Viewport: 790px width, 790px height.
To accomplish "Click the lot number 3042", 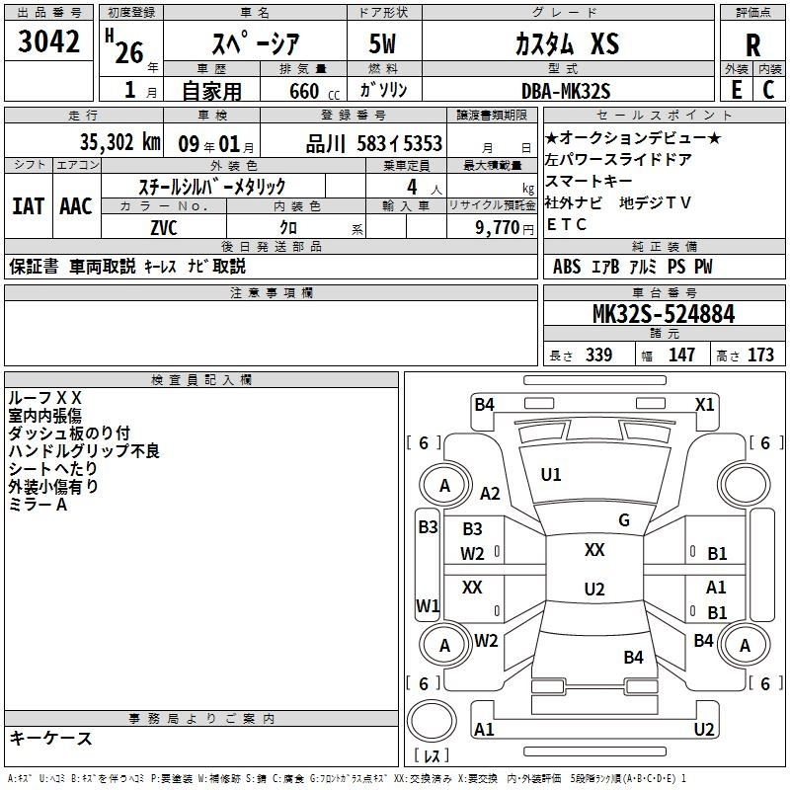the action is [x=48, y=41].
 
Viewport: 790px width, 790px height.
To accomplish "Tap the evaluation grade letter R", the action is [x=752, y=45].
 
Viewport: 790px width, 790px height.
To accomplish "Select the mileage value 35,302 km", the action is [x=119, y=142].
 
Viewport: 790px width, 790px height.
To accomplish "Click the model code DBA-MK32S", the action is [x=566, y=91].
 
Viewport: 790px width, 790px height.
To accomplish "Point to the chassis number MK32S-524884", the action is [x=664, y=314].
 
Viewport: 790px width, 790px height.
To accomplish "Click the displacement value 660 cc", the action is [x=314, y=91].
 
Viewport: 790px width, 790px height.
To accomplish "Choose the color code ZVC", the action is [x=164, y=228].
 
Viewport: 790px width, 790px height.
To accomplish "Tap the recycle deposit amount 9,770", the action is [x=498, y=227].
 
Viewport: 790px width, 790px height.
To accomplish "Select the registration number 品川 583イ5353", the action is [x=374, y=143].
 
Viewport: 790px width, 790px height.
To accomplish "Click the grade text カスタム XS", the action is [x=567, y=43].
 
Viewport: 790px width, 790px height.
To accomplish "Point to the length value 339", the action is [x=599, y=355].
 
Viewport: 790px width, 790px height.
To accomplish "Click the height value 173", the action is [x=760, y=355].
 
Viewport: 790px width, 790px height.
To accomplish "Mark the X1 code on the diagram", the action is [x=704, y=405].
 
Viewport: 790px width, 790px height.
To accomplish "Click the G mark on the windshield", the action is [x=624, y=520].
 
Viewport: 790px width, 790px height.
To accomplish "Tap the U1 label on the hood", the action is [x=551, y=475].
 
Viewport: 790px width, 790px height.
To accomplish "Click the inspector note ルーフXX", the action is [x=44, y=398].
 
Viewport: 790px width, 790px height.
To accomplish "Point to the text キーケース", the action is [x=51, y=738].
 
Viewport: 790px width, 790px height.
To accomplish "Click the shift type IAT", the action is [x=29, y=206].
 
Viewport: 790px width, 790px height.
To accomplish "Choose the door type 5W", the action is [x=382, y=43].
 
